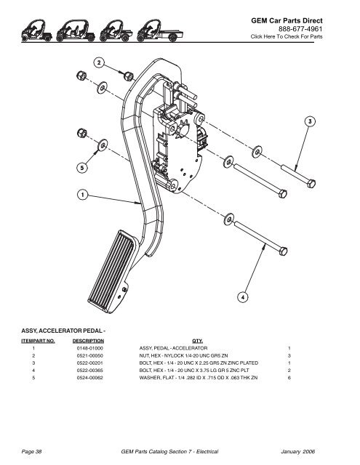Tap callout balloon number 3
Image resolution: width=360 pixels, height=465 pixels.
[309, 121]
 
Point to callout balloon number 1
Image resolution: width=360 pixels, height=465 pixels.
[83, 195]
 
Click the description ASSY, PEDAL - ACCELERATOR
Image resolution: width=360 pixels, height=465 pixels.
[173, 348]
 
